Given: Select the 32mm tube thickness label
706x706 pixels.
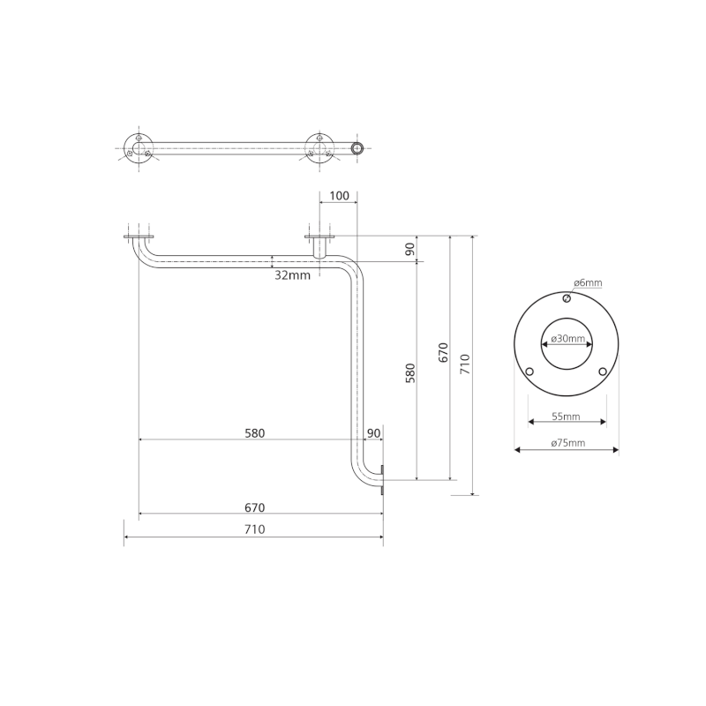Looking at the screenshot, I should click(292, 275).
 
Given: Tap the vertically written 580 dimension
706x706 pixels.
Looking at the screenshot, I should click(410, 372).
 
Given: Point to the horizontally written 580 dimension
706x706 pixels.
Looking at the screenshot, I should click(252, 433).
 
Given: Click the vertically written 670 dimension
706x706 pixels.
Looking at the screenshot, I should click(444, 353).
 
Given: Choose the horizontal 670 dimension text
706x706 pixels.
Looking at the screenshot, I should click(255, 507).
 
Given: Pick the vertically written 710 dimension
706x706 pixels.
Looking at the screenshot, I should click(465, 363).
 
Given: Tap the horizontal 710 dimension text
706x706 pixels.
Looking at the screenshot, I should click(254, 529).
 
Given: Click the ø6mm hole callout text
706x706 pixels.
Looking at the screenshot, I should click(588, 283).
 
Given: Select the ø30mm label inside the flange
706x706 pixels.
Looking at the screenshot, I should click(566, 339).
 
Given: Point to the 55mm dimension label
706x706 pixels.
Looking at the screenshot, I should click(566, 415).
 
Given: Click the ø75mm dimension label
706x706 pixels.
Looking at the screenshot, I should click(566, 443).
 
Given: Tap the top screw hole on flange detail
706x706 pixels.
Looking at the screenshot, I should click(567, 298).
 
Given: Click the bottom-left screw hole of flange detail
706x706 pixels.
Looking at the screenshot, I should click(529, 372).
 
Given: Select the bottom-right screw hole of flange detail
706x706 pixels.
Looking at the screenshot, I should click(603, 372).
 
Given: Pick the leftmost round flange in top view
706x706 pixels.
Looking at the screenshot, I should click(137, 147).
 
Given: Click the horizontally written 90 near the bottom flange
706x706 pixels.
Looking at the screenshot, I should click(373, 433).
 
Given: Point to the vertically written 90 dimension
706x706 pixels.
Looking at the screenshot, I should click(410, 249).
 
